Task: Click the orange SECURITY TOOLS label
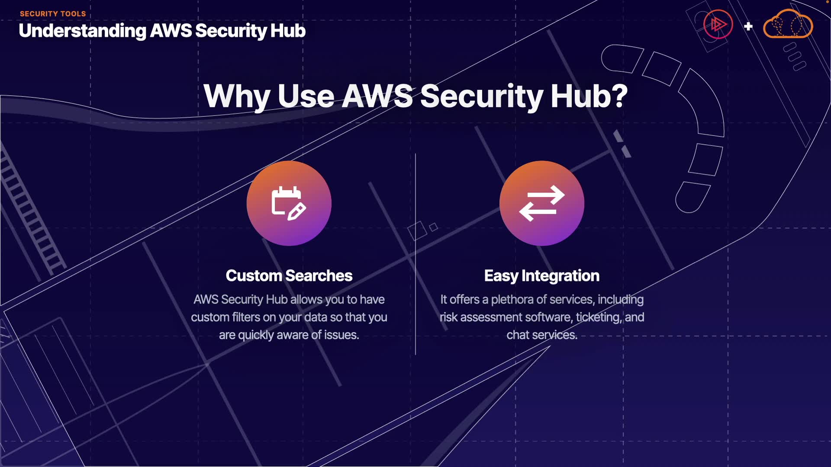(53, 14)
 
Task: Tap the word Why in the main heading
(237, 96)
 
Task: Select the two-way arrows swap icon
(541, 203)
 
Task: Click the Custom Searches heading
(289, 276)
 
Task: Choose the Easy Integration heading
(541, 276)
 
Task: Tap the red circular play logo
(718, 25)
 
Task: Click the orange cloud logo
(788, 25)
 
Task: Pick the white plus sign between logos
(748, 26)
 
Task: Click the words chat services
(541, 335)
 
